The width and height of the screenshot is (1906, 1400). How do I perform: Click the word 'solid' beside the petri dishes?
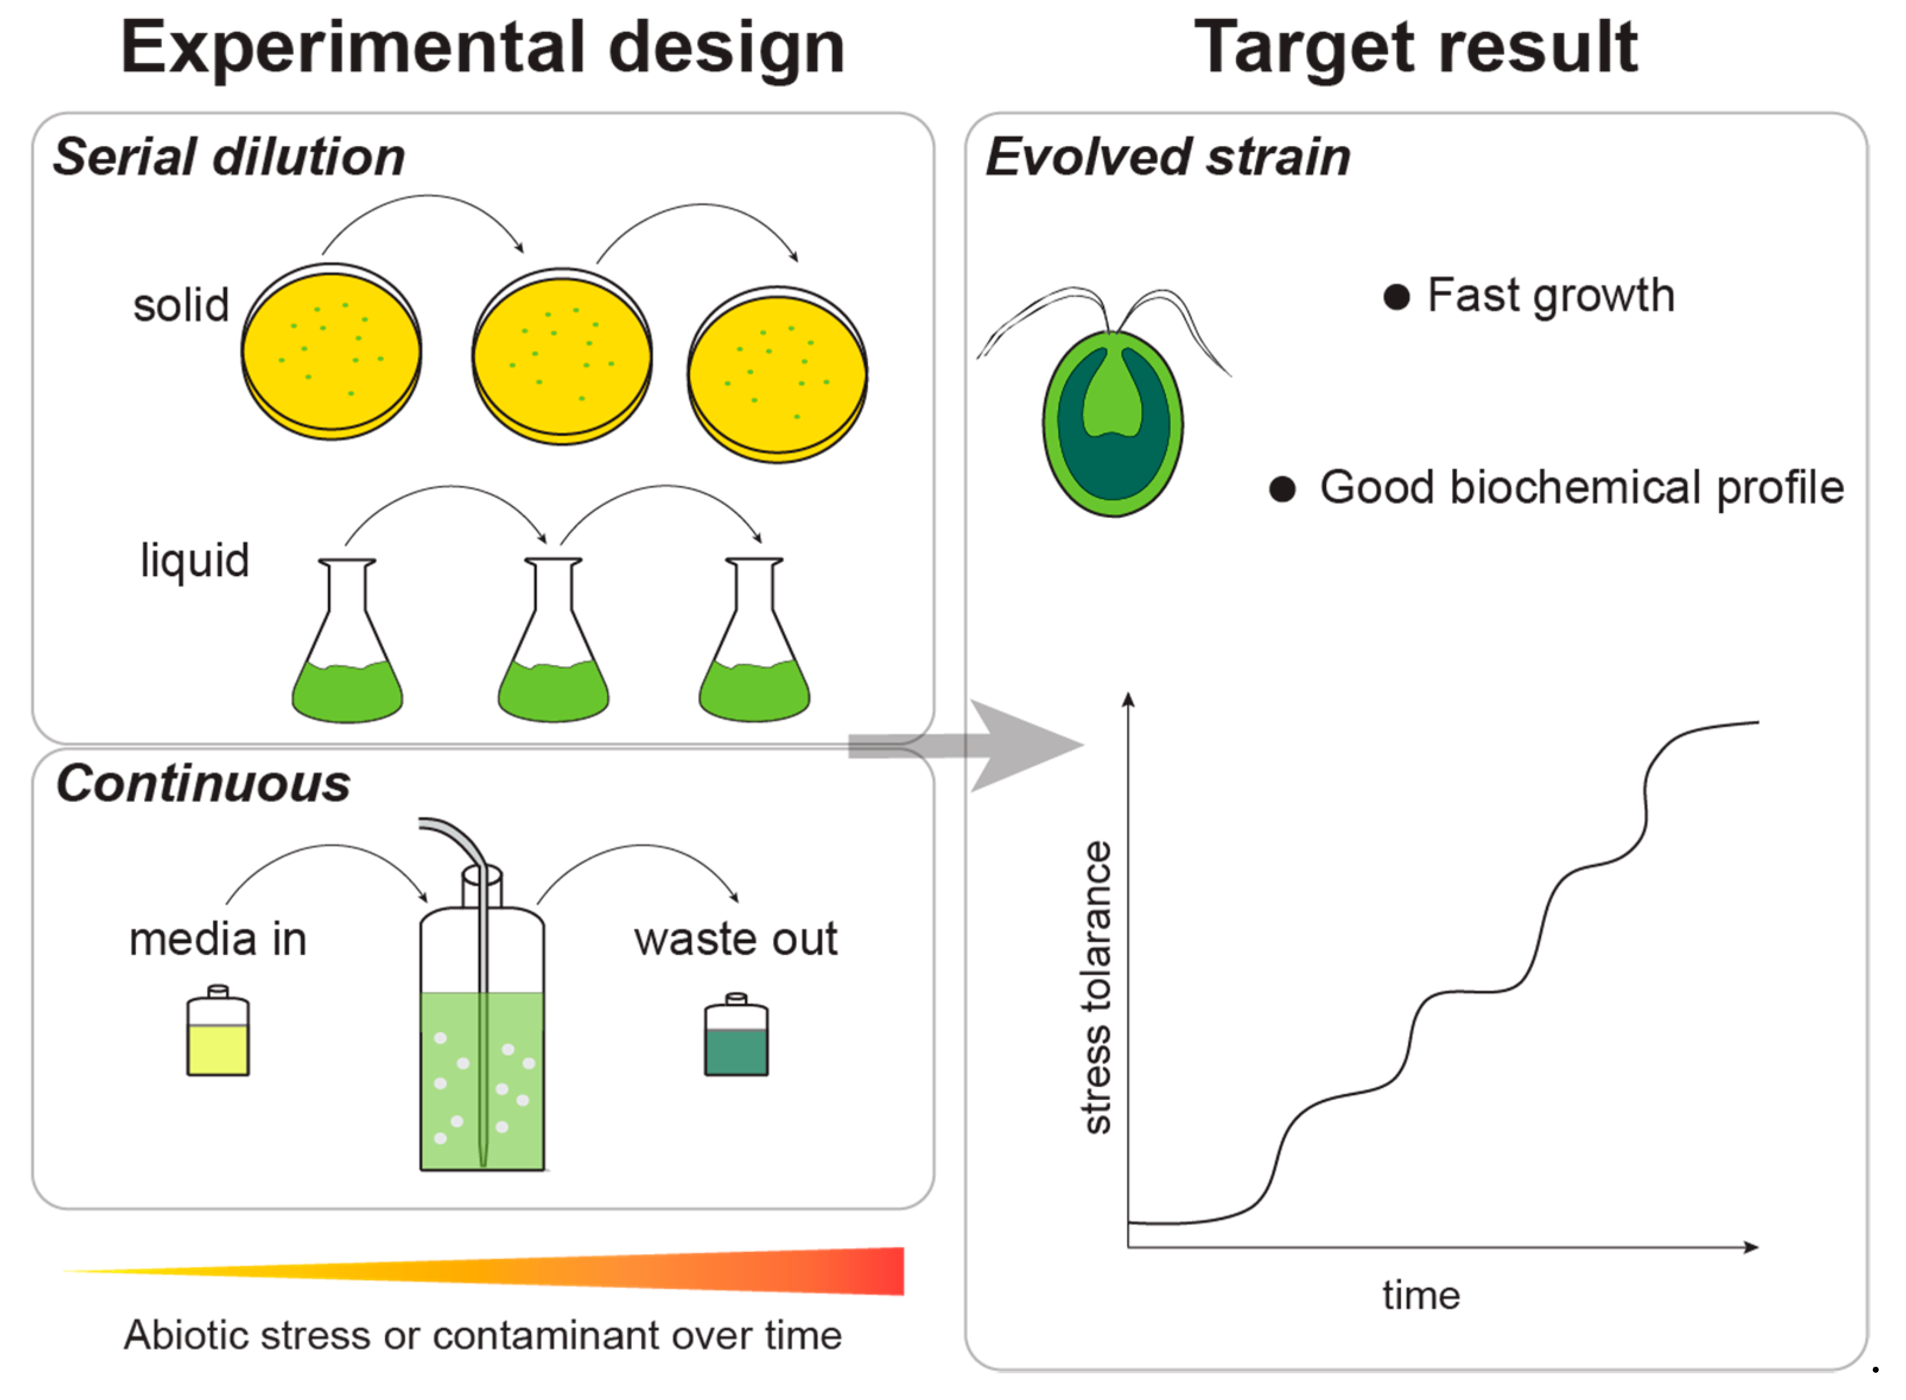[182, 305]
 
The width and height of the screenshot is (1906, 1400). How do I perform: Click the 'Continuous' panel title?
[204, 783]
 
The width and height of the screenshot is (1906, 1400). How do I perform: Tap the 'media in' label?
[218, 939]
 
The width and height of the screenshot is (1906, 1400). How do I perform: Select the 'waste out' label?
[736, 939]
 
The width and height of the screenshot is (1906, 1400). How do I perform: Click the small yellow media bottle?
[218, 1034]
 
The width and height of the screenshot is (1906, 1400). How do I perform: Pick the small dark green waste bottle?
[736, 1038]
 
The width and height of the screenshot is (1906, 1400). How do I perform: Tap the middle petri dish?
[562, 357]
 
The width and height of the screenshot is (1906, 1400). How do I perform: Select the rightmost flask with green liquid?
[754, 644]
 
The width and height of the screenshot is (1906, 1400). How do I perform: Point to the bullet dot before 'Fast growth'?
[1396, 297]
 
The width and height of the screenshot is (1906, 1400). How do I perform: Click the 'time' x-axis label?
[1421, 1296]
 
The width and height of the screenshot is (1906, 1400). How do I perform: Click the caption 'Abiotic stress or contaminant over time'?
[483, 1335]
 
